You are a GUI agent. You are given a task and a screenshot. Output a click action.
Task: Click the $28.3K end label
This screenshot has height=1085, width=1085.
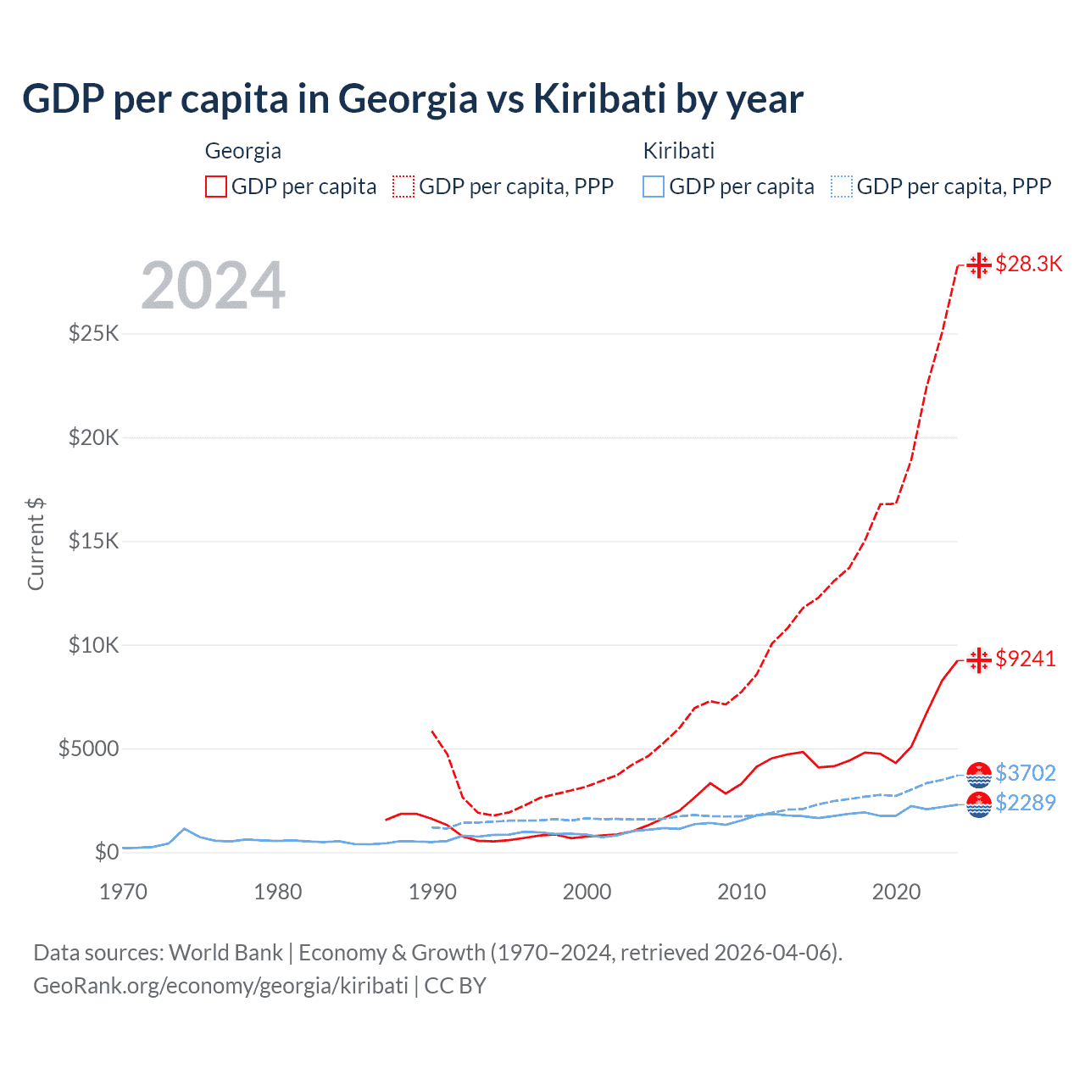(1028, 264)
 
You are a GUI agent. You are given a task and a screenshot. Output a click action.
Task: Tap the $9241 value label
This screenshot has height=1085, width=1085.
(1026, 659)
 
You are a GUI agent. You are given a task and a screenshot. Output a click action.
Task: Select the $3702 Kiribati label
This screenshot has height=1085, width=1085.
(1026, 773)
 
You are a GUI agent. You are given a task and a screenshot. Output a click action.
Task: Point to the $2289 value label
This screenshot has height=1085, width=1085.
(1026, 803)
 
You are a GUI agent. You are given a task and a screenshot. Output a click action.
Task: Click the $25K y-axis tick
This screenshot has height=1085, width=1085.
(94, 333)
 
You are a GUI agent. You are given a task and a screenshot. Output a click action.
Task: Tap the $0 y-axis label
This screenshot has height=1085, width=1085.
(106, 852)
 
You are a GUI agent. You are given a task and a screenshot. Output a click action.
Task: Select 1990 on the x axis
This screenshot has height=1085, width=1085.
(432, 892)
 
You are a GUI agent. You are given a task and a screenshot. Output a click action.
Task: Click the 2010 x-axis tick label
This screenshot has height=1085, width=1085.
(742, 892)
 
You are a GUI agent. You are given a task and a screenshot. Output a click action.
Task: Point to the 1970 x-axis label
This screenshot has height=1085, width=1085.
(124, 892)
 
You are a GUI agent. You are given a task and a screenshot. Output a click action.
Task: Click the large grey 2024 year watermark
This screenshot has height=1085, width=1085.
(213, 286)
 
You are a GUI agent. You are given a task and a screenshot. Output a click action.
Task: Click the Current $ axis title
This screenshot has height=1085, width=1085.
(36, 544)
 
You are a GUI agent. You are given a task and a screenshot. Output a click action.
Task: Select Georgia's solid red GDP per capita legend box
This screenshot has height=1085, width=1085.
(216, 186)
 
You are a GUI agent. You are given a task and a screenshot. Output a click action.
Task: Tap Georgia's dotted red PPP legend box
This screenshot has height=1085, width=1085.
(403, 186)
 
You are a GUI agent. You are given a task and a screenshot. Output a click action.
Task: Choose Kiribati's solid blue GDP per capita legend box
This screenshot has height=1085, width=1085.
(654, 186)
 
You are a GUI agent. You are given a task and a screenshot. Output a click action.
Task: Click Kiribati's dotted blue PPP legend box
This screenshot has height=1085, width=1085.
(842, 186)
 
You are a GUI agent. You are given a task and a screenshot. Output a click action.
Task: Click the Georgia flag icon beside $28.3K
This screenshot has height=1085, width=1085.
(979, 264)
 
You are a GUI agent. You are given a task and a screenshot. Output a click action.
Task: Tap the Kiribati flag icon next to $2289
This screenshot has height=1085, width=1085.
(979, 804)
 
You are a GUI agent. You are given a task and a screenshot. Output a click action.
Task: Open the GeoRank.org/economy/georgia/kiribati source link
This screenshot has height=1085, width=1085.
(220, 986)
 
